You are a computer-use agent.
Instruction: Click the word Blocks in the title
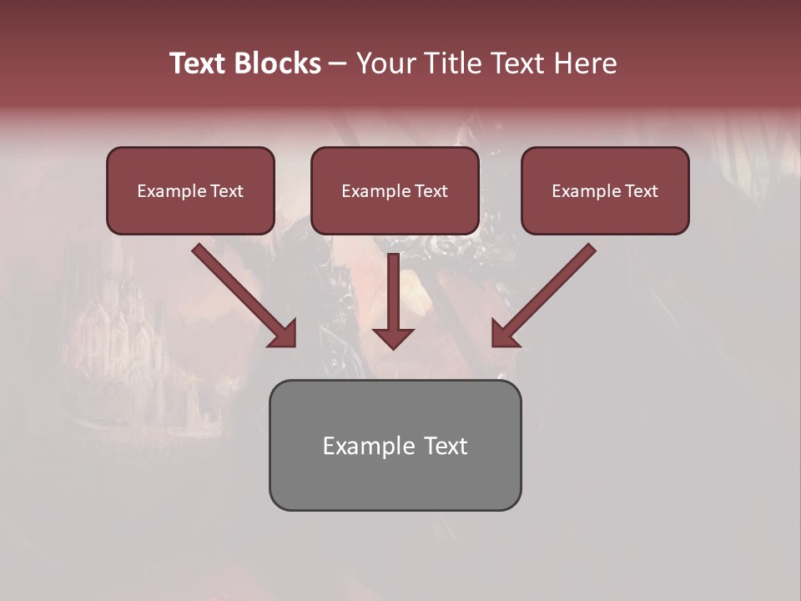[x=280, y=63]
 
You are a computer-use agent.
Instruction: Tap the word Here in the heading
[x=585, y=63]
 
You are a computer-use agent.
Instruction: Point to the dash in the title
[x=339, y=64]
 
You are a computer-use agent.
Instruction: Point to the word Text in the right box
[x=641, y=191]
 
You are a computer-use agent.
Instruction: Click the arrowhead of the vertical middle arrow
[x=393, y=337]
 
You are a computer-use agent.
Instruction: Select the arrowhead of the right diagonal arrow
[x=504, y=334]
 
